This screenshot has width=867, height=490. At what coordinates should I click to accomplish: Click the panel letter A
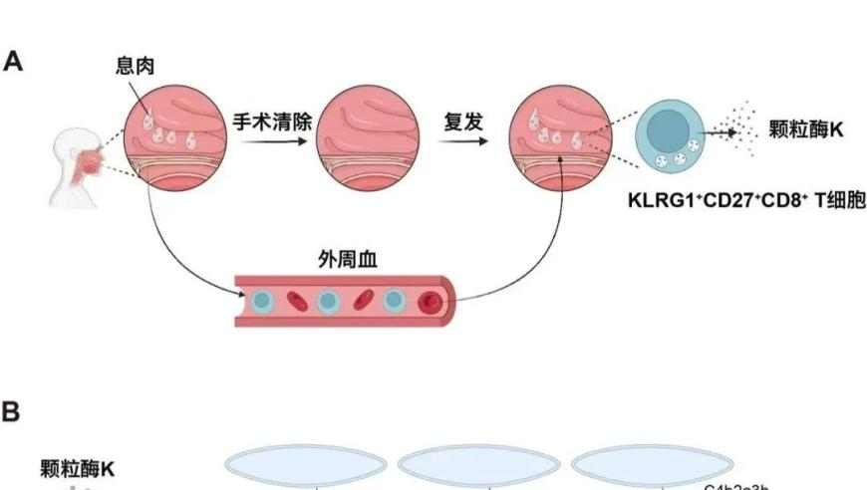(13, 61)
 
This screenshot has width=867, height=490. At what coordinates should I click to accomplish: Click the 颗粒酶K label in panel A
(807, 129)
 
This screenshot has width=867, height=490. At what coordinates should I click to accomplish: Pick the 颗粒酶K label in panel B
(78, 467)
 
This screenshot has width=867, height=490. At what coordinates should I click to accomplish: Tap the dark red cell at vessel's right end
(430, 302)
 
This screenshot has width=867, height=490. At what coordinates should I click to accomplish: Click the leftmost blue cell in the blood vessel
(262, 300)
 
